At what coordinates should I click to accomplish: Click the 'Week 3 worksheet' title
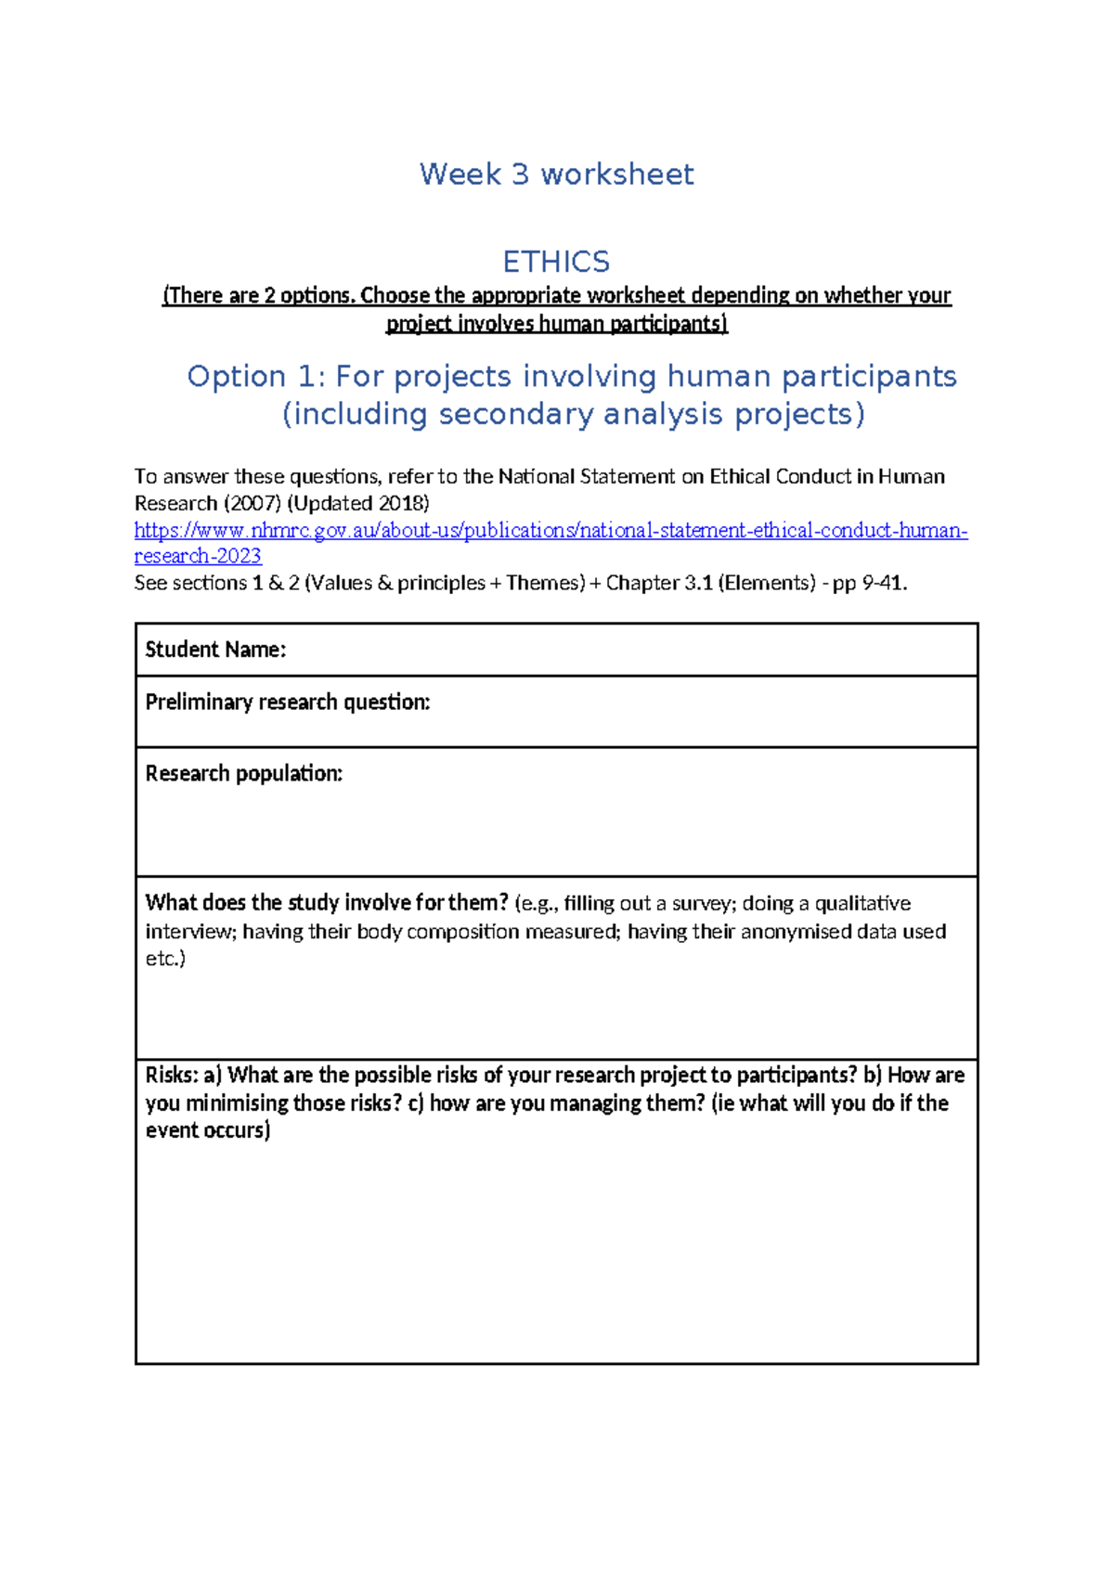pos(556,174)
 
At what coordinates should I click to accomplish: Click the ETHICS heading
pos(556,262)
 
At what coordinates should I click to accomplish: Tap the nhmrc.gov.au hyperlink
pos(551,531)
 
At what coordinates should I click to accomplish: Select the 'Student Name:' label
pos(215,650)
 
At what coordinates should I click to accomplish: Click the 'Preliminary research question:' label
pos(288,703)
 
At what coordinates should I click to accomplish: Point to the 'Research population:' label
pos(244,774)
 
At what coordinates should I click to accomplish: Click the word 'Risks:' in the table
pos(172,1076)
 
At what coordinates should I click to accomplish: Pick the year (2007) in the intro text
pos(253,504)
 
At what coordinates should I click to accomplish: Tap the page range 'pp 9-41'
pos(868,584)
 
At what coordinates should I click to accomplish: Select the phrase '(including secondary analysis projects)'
pos(573,414)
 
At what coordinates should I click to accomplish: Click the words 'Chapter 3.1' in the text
pos(659,584)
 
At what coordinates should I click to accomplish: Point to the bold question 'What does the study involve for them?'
pos(327,903)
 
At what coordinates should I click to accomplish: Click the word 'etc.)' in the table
pos(165,959)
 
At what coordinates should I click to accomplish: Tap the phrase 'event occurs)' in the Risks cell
pos(208,1130)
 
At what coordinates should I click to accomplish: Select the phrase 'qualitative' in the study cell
pos(862,904)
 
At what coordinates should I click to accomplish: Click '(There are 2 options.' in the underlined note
pos(259,296)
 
